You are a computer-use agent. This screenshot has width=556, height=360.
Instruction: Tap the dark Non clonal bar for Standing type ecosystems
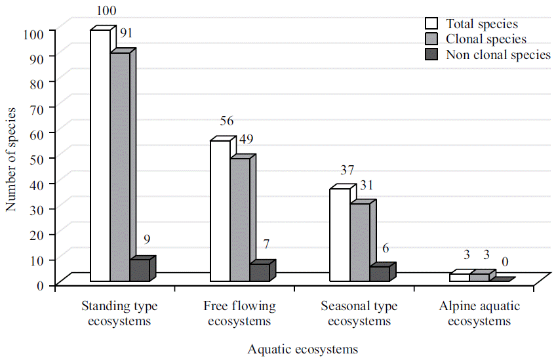[140, 271]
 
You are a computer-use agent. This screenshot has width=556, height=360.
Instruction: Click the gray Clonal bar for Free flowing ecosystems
[239, 220]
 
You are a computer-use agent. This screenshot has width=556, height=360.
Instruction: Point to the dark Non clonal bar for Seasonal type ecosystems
[380, 274]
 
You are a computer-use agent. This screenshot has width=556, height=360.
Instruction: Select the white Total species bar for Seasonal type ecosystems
[340, 235]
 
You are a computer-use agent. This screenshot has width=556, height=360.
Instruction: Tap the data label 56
[227, 121]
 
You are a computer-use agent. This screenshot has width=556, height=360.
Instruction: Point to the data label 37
[347, 170]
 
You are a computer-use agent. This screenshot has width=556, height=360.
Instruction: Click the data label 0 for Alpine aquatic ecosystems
[506, 262]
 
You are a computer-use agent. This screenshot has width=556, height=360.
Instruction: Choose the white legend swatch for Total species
[431, 24]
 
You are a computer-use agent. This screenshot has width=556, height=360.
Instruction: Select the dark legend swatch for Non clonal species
[431, 55]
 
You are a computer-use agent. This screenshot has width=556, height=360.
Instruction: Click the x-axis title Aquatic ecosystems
[303, 349]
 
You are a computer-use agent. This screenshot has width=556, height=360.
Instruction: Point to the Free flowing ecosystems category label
[239, 314]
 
